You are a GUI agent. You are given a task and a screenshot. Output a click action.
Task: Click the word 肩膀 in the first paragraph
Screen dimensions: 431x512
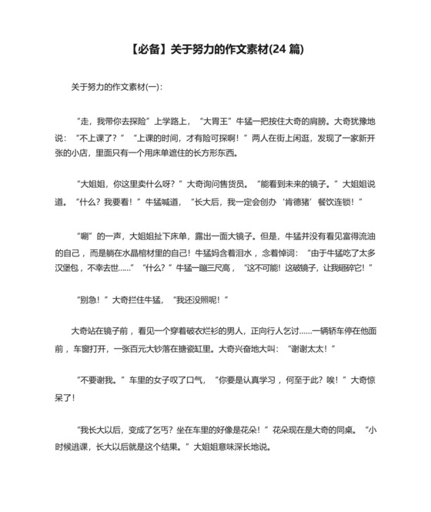coord(317,122)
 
